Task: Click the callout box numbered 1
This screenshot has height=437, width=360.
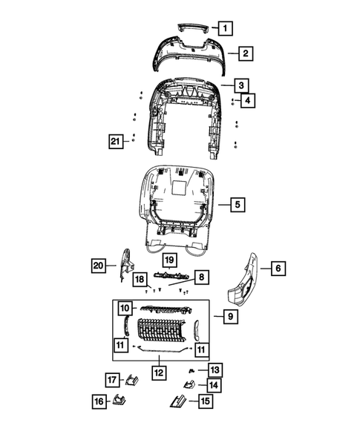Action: point(226,28)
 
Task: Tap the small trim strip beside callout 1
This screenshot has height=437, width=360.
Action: point(193,26)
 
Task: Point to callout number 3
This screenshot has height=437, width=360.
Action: point(242,85)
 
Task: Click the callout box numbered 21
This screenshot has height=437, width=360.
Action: point(114,140)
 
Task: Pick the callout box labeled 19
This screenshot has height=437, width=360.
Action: point(168,260)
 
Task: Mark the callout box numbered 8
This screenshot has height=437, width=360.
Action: point(201,277)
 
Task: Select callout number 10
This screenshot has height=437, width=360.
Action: point(124,307)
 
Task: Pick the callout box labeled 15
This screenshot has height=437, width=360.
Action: point(203,401)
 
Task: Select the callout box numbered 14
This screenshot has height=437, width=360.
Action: point(213,385)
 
